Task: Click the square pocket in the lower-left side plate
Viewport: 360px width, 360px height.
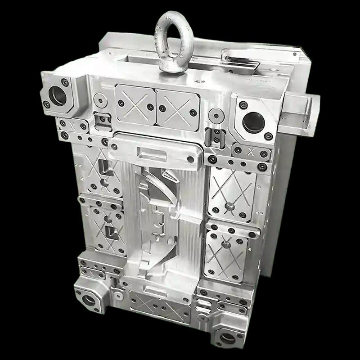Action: [110, 232]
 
